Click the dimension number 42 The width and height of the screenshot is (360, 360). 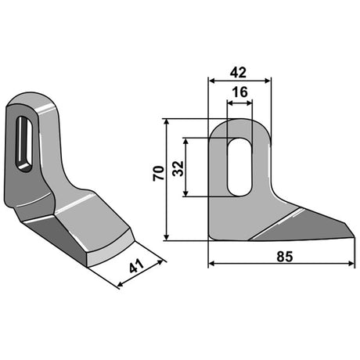click(238, 72)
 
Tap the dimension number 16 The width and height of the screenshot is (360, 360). click(240, 92)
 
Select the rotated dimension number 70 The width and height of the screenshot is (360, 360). click(159, 173)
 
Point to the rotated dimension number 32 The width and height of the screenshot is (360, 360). click(178, 168)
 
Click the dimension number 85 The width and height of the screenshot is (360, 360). click(285, 257)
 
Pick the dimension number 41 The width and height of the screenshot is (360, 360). click(136, 266)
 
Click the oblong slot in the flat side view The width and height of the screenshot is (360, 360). click(239, 167)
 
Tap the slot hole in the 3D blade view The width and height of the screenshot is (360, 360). click(24, 144)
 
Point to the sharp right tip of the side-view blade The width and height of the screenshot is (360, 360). click(355, 237)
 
